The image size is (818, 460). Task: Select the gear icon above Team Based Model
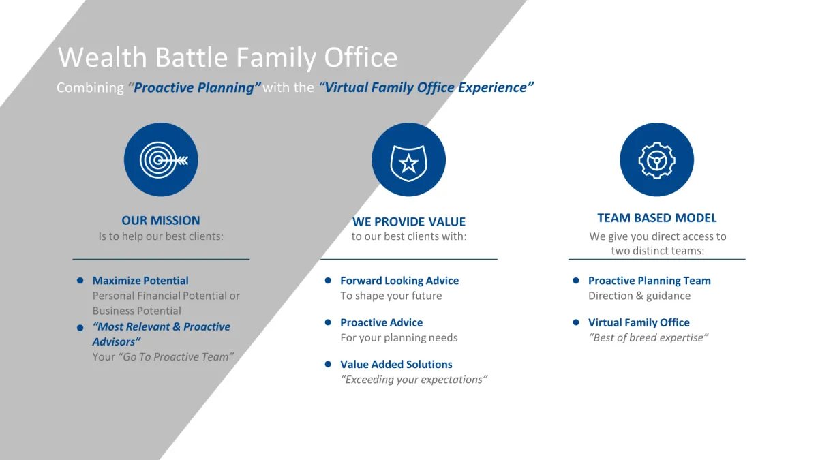[656, 159]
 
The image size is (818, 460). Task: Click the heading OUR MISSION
[161, 221]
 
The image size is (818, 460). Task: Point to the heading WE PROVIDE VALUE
[408, 221]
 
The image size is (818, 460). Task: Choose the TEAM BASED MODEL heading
[656, 218]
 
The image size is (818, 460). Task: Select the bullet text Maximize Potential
[140, 280]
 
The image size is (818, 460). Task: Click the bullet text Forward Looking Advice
[399, 280]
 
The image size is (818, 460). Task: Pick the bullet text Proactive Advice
[382, 322]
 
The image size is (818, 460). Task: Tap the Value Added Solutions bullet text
[396, 364]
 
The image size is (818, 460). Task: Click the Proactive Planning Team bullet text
[649, 280]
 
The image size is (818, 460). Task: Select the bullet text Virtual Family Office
[639, 322]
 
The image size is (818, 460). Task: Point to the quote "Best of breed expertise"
[648, 338]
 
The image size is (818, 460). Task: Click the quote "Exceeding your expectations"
[414, 380]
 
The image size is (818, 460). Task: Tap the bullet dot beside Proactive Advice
[328, 322]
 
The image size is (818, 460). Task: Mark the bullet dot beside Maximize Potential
[80, 280]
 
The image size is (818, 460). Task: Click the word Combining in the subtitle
[90, 88]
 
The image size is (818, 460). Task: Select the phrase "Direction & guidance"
[639, 296]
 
